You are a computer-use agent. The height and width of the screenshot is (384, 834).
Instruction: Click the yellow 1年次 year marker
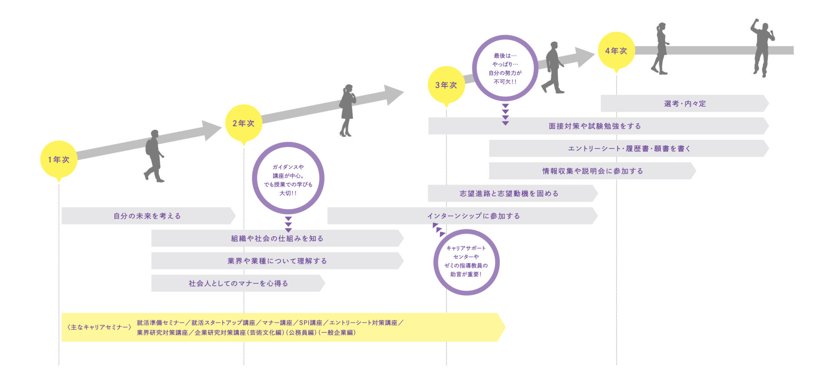tap(59, 159)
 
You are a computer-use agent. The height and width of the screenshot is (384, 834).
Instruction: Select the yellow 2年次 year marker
tap(244, 123)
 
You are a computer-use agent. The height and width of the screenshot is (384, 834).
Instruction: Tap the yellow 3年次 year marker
tap(446, 85)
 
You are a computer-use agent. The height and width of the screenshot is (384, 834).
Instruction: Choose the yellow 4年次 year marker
tap(616, 51)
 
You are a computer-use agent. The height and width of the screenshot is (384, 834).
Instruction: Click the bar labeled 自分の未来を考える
tap(147, 216)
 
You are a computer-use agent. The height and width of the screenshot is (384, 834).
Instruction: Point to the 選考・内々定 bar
tap(685, 103)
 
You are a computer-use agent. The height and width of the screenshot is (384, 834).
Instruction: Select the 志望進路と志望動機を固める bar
tap(509, 193)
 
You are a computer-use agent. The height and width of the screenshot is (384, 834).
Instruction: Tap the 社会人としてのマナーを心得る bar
tap(238, 283)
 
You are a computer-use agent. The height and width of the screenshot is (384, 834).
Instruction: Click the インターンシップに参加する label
tap(473, 216)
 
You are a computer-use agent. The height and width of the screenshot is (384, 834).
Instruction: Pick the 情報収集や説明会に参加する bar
tap(592, 171)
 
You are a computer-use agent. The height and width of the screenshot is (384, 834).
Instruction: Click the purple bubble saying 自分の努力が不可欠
tap(505, 68)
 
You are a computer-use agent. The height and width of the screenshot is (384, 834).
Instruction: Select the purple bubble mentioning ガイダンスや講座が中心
tap(288, 178)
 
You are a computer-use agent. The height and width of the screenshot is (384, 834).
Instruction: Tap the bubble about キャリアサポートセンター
tap(466, 262)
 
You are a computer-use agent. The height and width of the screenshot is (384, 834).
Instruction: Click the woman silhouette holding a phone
tap(347, 110)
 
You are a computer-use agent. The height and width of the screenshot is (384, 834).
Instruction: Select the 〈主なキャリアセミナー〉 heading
tap(99, 327)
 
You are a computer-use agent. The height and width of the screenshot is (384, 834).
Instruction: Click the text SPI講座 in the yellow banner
tap(311, 323)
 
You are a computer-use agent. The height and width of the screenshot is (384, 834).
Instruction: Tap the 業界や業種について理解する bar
tap(277, 261)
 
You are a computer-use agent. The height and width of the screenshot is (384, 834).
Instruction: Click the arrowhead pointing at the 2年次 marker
tap(212, 130)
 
